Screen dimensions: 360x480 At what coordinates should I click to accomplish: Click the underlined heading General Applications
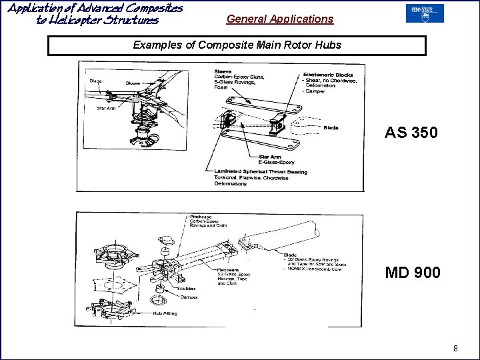pos(279,19)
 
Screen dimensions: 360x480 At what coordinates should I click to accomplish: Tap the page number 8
pos(455,348)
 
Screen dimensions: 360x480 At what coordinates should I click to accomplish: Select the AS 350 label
pos(411,133)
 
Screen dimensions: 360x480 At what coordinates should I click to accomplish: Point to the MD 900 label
pos(412,272)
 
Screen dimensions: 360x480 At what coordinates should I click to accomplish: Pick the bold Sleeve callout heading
pos(223,71)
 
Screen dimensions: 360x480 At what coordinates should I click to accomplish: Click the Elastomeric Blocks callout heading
pos(327,74)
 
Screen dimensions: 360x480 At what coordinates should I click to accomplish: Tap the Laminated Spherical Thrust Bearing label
pos(261,172)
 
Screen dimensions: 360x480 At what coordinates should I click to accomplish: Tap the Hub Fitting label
pos(165,313)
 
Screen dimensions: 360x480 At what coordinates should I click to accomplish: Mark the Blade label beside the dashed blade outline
pos(331,127)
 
